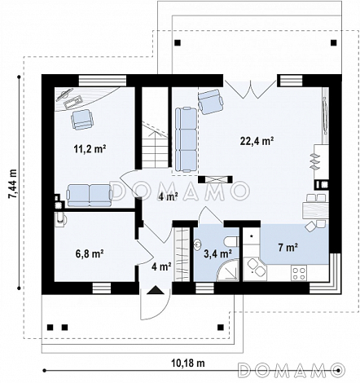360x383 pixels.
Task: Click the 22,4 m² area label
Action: coord(257,141)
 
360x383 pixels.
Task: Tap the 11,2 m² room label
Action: coord(90,149)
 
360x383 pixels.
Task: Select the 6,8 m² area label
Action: coord(90,253)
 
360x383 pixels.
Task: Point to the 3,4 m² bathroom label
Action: coord(217,253)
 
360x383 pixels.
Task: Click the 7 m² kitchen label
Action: coord(288,247)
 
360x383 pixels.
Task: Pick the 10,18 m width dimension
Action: coord(188,363)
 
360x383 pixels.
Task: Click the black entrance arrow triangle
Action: coord(156,290)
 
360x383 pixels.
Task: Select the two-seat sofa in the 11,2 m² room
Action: coord(90,195)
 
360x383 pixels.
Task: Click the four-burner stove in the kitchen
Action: coord(299,273)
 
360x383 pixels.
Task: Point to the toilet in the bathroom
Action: coord(231,241)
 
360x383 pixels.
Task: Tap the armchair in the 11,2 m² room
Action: coord(81,119)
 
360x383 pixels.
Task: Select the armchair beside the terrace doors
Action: coord(210,101)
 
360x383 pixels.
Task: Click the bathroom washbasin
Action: coord(197,244)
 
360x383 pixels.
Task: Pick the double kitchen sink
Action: coord(255,267)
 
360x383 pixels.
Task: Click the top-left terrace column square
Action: coord(178,42)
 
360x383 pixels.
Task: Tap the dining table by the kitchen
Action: coord(314,211)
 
